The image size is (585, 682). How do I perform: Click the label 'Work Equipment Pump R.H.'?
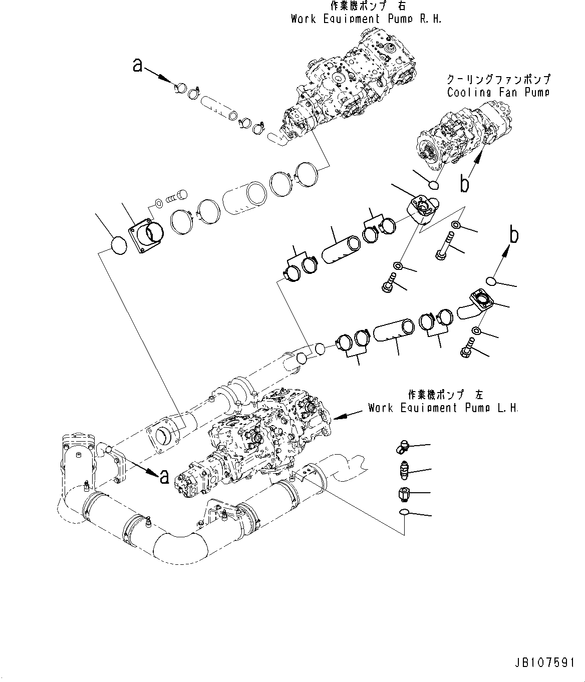(367, 19)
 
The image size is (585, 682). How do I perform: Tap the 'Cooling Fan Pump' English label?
(498, 92)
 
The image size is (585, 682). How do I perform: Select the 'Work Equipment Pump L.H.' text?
(443, 408)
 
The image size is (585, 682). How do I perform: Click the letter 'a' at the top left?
(138, 65)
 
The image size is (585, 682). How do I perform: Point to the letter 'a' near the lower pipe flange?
(163, 477)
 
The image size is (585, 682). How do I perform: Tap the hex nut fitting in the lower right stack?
(404, 494)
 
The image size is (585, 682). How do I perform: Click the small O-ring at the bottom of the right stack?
(405, 513)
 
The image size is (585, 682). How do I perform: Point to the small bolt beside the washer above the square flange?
(176, 195)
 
